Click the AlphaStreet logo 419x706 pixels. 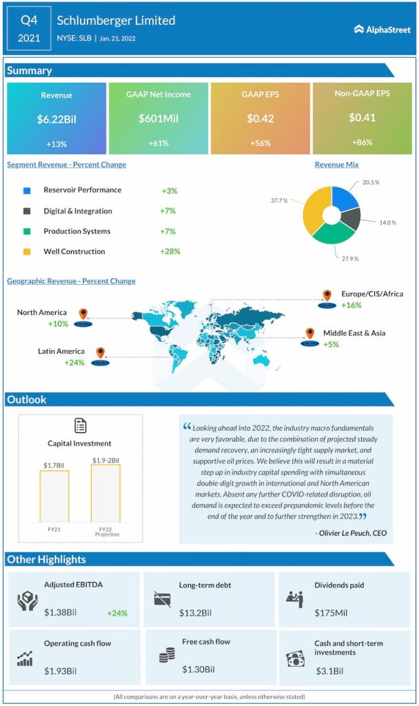[382, 29]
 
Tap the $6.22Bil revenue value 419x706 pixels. [57, 119]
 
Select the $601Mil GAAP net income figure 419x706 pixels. [158, 119]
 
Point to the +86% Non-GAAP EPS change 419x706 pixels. [362, 142]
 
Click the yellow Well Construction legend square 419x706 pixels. [27, 252]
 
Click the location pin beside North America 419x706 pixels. [83, 314]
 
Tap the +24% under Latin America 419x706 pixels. [74, 363]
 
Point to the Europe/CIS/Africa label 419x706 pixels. [372, 294]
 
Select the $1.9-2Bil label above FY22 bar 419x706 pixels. [105, 460]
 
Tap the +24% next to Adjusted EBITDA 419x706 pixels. [117, 612]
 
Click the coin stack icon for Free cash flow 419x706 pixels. [166, 656]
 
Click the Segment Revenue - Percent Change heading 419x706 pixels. [66, 165]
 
